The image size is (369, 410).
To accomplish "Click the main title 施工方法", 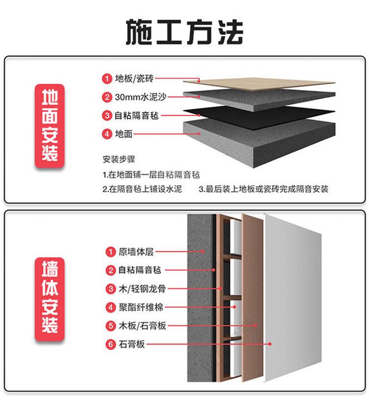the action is tap(184, 32).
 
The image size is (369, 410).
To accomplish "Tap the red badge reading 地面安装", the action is tap(49, 125).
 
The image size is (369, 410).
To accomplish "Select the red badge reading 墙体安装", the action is tap(49, 297).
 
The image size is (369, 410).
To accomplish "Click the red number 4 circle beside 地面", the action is tap(107, 134).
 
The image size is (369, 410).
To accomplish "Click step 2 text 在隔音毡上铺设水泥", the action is tap(142, 189).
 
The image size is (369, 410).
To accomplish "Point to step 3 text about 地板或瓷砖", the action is tap(263, 189).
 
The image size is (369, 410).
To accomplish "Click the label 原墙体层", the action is tap(136, 252).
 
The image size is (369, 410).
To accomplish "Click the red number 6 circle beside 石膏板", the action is tap(111, 345).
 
